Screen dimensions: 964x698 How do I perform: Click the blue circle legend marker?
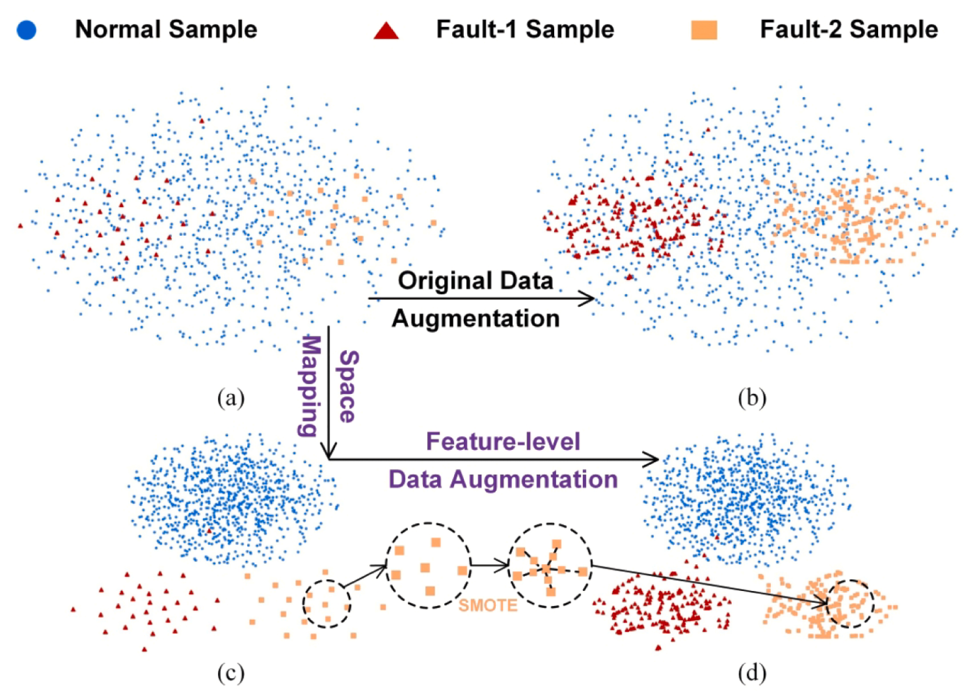pyautogui.click(x=26, y=30)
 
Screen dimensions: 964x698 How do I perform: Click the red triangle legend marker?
pyautogui.click(x=386, y=31)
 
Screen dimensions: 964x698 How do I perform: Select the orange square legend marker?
pyautogui.click(x=704, y=30)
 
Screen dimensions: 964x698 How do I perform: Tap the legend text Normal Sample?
pyautogui.click(x=166, y=30)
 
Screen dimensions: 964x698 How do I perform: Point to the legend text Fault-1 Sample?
pyautogui.click(x=525, y=30)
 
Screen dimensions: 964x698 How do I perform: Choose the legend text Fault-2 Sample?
pyautogui.click(x=849, y=30)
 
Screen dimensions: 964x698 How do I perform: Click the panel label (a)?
pyautogui.click(x=231, y=398)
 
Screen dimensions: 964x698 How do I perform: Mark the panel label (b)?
pyautogui.click(x=752, y=398)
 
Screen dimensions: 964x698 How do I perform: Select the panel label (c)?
pyautogui.click(x=231, y=673)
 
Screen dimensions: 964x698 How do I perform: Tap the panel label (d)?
pyautogui.click(x=752, y=673)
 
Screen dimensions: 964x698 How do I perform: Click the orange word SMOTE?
pyautogui.click(x=488, y=605)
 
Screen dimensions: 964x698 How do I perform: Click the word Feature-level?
pyautogui.click(x=503, y=442)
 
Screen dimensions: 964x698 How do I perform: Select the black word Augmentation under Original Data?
pyautogui.click(x=476, y=319)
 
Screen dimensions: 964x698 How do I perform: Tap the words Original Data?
pyautogui.click(x=475, y=280)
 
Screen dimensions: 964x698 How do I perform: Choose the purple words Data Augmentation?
pyautogui.click(x=503, y=480)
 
